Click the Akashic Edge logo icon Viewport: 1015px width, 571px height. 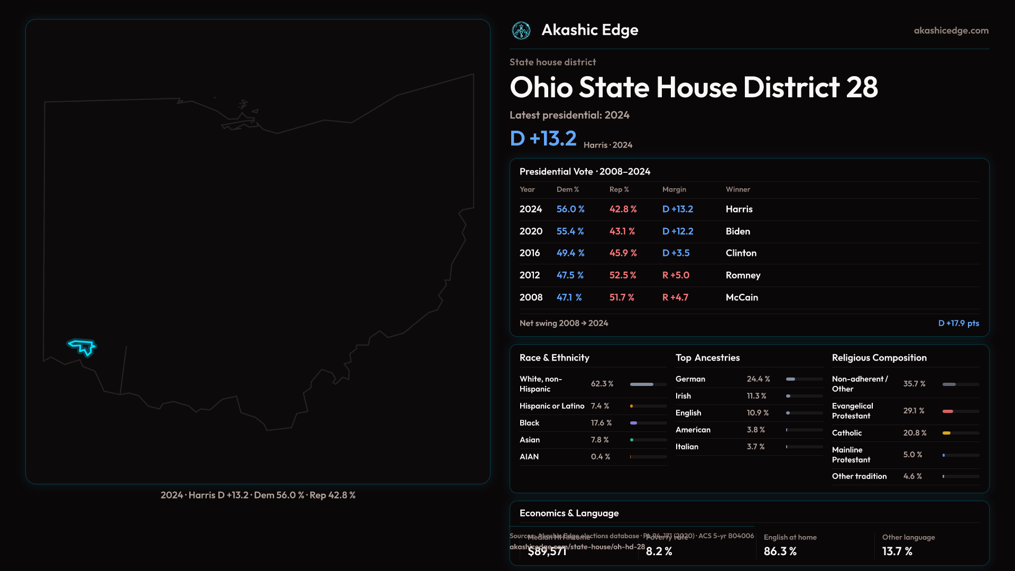pyautogui.click(x=521, y=31)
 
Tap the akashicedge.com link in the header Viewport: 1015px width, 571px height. pyautogui.click(x=951, y=31)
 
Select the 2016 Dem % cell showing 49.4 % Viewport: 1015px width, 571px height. pyautogui.click(x=570, y=253)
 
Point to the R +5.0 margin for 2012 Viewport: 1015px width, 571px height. pyautogui.click(x=676, y=275)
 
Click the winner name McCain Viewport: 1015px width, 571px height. pyautogui.click(x=742, y=298)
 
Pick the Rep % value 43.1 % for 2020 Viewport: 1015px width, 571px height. pyautogui.click(x=622, y=232)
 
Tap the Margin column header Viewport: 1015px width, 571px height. pyautogui.click(x=674, y=189)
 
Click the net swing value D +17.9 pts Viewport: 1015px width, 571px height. pyautogui.click(x=958, y=323)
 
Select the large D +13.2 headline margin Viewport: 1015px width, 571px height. pyautogui.click(x=543, y=139)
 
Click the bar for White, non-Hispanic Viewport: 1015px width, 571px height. pyautogui.click(x=642, y=384)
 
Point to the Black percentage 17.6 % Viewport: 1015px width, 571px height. pyautogui.click(x=601, y=423)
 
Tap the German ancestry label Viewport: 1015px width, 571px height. pyautogui.click(x=690, y=379)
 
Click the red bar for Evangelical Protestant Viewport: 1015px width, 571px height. pyautogui.click(x=948, y=411)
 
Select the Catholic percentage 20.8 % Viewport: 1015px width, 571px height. pyautogui.click(x=915, y=433)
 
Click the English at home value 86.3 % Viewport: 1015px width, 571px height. pyautogui.click(x=780, y=551)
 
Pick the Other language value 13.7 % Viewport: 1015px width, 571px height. pyautogui.click(x=897, y=551)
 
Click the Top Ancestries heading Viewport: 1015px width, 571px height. pyautogui.click(x=707, y=358)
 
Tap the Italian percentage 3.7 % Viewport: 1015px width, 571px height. pyautogui.click(x=755, y=447)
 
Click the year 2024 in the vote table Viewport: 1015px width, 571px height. pyautogui.click(x=531, y=209)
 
